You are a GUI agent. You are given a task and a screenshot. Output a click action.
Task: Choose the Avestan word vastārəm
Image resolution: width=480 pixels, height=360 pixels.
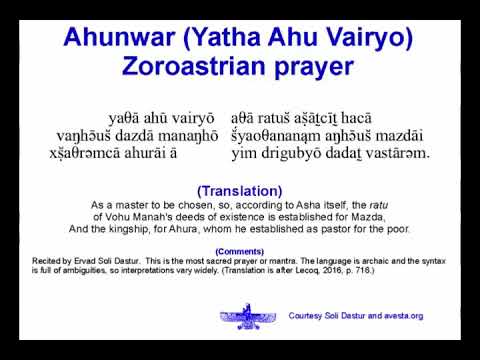pyautogui.click(x=397, y=153)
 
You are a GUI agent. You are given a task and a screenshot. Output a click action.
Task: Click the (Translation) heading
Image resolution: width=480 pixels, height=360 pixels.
pyautogui.click(x=239, y=190)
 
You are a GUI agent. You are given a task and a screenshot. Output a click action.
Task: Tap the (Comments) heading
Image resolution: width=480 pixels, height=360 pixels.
pyautogui.click(x=239, y=252)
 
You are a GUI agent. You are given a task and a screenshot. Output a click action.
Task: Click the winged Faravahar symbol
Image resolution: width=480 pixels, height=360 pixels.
pyautogui.click(x=249, y=319)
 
